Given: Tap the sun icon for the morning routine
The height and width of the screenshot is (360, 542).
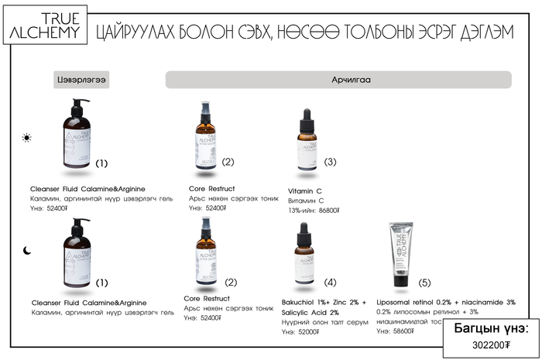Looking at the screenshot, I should coord(27,139).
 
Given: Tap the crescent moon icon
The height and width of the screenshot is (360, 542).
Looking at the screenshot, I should coord(27,251).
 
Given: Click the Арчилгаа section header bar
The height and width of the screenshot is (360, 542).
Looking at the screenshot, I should coord(338,80).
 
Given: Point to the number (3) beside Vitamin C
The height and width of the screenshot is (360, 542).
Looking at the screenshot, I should coord(331,162).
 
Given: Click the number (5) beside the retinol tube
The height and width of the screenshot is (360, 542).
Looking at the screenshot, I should coord(424,283).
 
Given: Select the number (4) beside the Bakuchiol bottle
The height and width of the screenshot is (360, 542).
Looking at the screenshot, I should coord(331,283).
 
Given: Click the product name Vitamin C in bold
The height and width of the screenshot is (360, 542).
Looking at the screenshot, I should coord(304,190).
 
